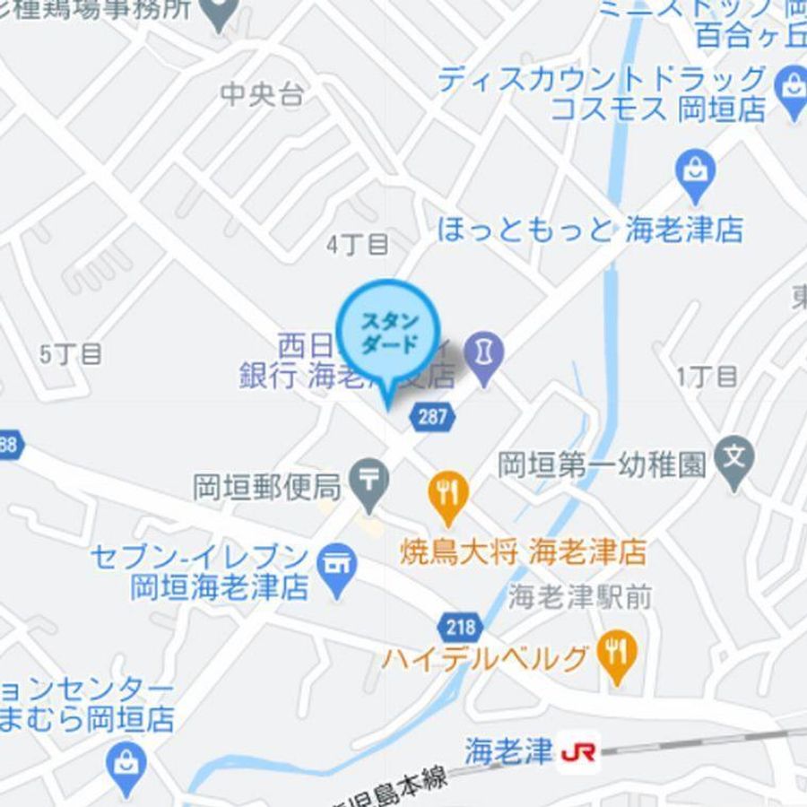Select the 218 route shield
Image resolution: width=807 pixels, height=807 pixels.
459,626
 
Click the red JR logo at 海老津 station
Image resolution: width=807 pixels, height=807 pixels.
578,752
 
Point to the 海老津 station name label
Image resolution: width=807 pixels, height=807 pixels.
508,751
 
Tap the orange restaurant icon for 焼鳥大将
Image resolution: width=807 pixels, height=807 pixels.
447,494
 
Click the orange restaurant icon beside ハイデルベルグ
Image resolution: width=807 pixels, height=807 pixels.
616,652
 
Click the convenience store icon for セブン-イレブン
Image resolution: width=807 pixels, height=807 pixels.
338,567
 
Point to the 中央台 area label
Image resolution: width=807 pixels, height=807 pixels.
262,95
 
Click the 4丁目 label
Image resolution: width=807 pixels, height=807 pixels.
358,244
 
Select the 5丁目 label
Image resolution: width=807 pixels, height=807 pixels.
71,354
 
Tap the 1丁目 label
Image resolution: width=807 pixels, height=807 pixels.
707,376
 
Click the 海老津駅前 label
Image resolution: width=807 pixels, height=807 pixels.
579,596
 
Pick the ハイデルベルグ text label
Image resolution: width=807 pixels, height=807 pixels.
485,659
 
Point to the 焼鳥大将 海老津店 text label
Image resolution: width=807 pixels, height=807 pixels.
523,551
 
